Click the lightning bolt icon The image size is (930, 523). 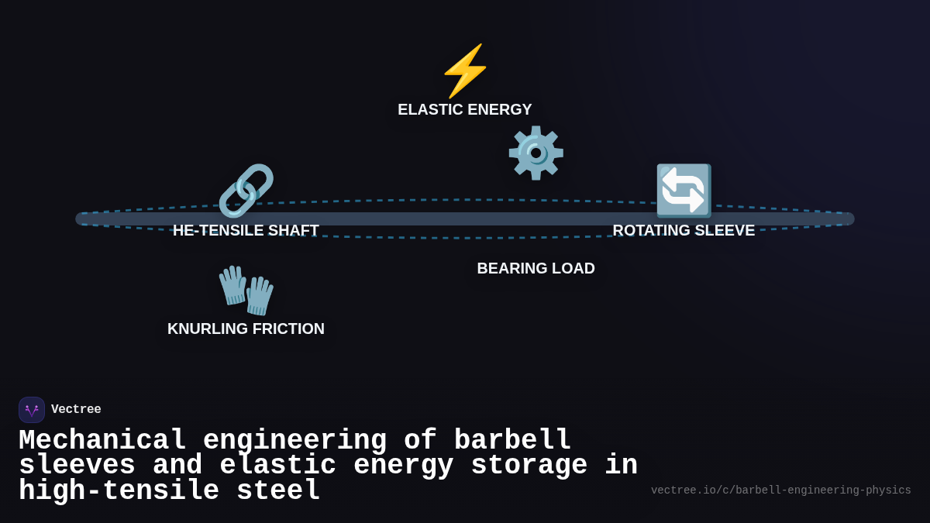pos(465,71)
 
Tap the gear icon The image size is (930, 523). pos(536,153)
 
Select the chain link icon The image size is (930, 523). pos(246,191)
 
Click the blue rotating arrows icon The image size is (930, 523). pos(684,191)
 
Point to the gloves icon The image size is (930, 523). pos(246,290)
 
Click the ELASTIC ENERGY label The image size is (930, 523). pos(465,109)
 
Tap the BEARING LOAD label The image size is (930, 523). pos(536,268)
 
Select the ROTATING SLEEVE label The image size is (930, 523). pos(684,230)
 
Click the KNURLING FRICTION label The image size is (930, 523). pos(246,329)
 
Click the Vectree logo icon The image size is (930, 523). pos(32,410)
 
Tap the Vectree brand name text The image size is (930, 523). pos(76,410)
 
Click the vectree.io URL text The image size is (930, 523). pos(780,490)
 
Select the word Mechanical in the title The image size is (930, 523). pos(102,441)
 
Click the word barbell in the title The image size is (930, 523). pos(512,441)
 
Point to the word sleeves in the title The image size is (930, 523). pos(77,466)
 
